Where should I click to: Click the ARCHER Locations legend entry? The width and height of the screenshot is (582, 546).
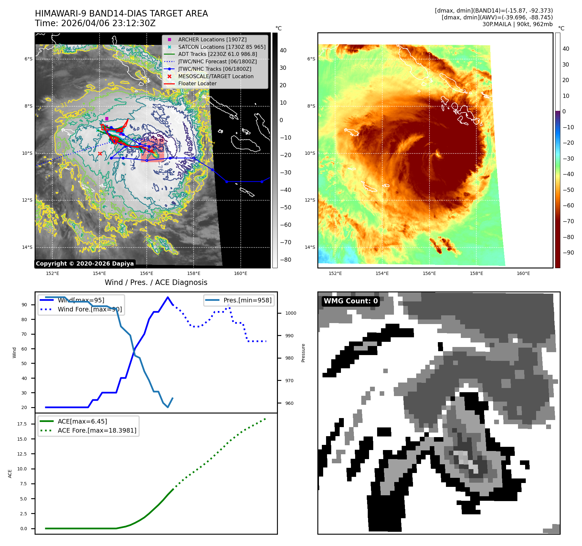[x=212, y=39]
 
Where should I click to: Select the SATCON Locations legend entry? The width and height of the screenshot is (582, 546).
[x=222, y=47]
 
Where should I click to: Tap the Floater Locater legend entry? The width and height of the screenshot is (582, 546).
[x=197, y=83]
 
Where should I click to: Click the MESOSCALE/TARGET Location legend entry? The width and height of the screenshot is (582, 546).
[x=216, y=76]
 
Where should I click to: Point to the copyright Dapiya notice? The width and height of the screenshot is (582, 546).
[x=85, y=264]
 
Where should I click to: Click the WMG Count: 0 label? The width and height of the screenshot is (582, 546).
[x=351, y=301]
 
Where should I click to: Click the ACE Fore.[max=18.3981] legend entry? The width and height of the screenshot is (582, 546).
[x=97, y=430]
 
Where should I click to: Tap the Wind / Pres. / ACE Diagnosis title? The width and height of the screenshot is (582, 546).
[x=156, y=282]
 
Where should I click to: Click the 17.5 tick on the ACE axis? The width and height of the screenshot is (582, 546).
[x=22, y=424]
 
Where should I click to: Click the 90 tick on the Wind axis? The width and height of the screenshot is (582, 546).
[x=24, y=305]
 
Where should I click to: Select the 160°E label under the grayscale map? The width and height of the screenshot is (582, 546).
[x=240, y=273]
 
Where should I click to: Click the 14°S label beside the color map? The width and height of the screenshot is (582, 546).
[x=310, y=247]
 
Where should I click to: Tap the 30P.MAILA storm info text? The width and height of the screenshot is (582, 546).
[x=517, y=24]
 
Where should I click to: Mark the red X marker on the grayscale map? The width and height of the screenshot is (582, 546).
[x=100, y=154]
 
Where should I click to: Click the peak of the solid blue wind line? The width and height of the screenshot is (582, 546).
[x=167, y=297]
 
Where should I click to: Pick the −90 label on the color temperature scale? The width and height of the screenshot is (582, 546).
[x=568, y=253]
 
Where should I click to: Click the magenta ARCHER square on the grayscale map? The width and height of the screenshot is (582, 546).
[x=107, y=119]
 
